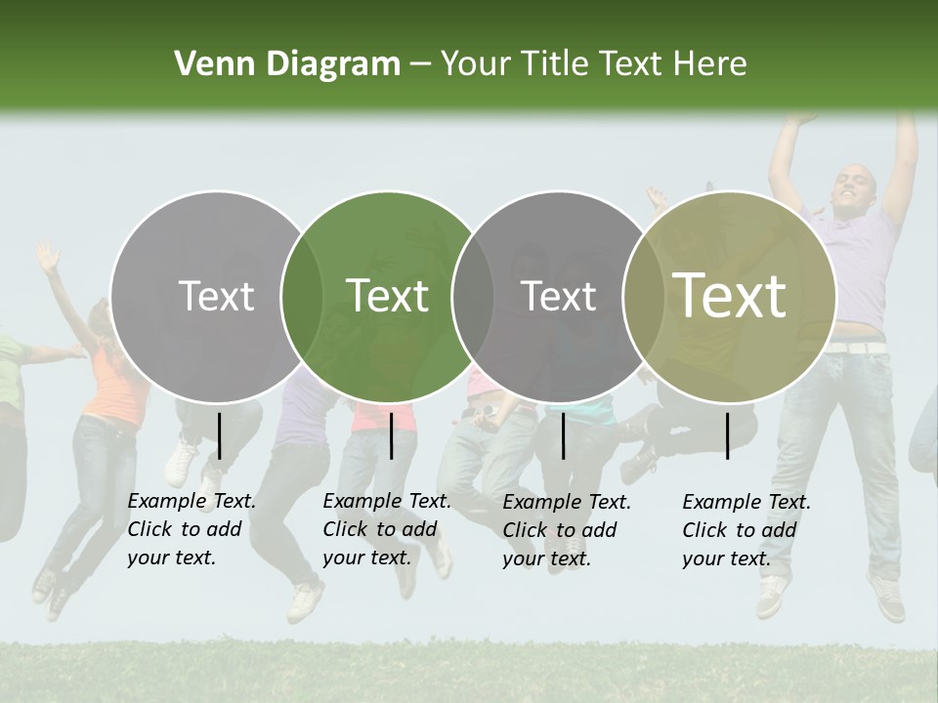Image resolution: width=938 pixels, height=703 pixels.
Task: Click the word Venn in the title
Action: (213, 64)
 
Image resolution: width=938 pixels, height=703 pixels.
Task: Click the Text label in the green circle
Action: (387, 296)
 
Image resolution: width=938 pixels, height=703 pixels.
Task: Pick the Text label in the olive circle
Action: (730, 295)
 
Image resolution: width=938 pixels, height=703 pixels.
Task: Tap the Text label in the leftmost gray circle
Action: (216, 296)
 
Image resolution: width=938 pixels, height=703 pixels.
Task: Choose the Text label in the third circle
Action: (558, 296)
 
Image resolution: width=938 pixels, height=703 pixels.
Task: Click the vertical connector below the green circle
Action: (391, 435)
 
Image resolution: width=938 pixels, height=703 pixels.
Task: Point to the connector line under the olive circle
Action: (727, 435)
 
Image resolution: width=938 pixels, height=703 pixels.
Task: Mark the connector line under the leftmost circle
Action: (219, 435)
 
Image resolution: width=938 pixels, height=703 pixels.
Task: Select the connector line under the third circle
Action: (563, 435)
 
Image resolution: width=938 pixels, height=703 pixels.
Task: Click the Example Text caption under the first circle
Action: (192, 529)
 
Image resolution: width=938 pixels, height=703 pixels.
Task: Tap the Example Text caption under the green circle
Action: (387, 529)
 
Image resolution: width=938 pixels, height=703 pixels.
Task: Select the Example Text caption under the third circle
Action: (567, 530)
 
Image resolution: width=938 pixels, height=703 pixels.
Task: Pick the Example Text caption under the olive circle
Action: (746, 530)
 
